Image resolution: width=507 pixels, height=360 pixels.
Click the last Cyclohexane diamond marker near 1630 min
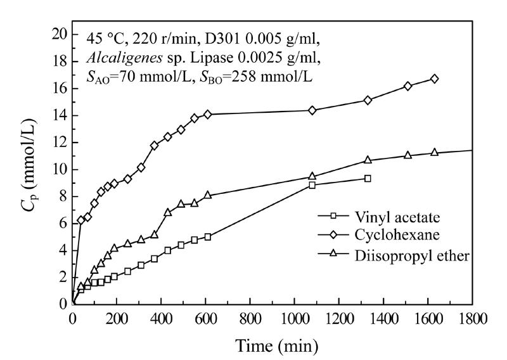tap(434, 79)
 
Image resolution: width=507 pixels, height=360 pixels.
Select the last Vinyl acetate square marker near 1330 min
tap(368, 179)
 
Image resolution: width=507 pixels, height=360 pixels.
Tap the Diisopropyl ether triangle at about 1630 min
tap(434, 152)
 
